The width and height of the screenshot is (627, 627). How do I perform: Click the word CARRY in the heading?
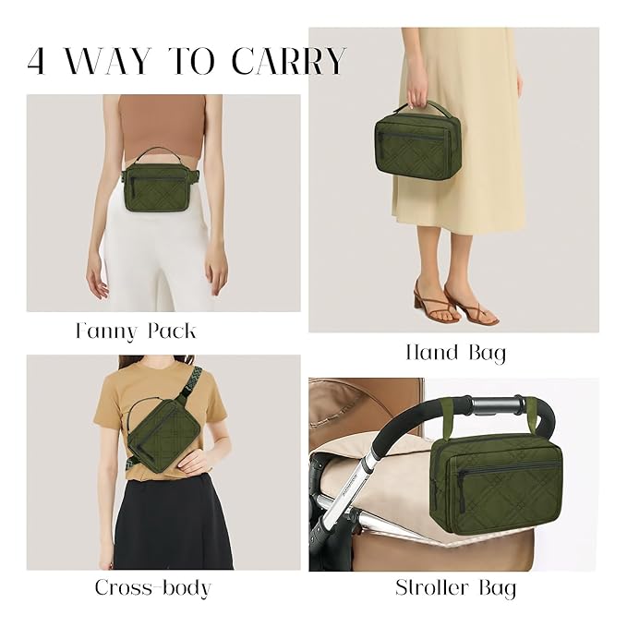[x=288, y=61]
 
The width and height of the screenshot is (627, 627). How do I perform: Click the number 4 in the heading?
[x=38, y=61]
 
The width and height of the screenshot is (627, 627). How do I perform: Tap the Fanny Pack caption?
[x=136, y=331]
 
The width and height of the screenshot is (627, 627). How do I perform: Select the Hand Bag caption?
[x=455, y=352]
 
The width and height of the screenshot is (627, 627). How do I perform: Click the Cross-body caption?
[x=152, y=587]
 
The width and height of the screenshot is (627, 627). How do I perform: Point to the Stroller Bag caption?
[x=455, y=587]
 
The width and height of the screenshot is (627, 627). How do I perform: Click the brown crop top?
[x=163, y=125]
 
